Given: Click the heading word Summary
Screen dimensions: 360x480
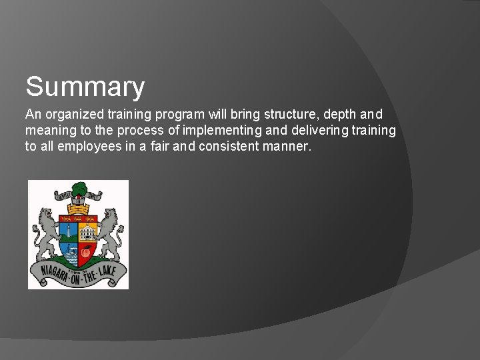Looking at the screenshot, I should pos(85,87).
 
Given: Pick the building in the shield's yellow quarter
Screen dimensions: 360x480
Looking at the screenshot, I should pos(87,231).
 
